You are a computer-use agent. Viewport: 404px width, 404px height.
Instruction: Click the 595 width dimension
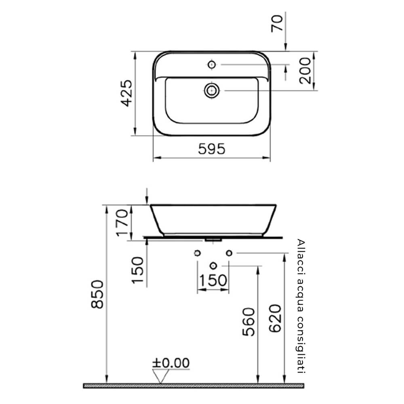click(212, 149)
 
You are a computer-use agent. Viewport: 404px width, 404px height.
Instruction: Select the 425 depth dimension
click(127, 93)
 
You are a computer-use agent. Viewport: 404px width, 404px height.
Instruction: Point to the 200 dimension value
click(305, 71)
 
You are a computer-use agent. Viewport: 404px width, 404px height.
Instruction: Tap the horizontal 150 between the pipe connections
click(213, 280)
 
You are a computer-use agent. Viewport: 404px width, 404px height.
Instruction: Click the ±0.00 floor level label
click(170, 363)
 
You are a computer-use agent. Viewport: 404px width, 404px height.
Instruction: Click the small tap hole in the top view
click(211, 64)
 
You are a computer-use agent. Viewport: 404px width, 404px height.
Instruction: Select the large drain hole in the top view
click(211, 90)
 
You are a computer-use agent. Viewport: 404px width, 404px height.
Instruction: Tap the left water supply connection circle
click(197, 253)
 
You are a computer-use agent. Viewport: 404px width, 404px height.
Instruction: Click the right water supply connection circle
click(229, 253)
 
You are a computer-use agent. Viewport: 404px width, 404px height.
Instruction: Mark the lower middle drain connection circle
click(213, 265)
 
